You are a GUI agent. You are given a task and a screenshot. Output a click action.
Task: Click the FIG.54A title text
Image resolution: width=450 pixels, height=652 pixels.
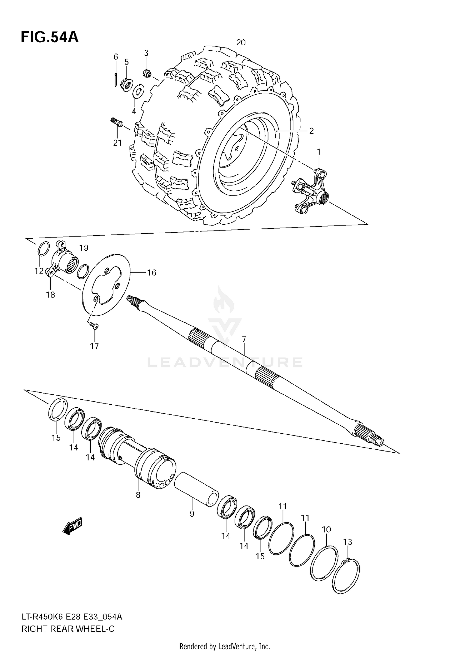click(49, 38)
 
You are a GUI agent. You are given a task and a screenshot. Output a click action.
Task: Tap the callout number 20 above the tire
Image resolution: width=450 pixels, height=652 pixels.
click(241, 43)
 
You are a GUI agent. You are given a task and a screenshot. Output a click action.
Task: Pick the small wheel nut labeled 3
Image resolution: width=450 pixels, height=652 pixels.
click(147, 73)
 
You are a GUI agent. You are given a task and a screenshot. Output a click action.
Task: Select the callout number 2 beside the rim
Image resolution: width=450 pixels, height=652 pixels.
click(311, 131)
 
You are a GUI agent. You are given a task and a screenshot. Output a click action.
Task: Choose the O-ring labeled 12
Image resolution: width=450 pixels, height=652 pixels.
click(43, 249)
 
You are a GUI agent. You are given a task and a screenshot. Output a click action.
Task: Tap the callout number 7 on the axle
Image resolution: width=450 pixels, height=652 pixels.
click(244, 340)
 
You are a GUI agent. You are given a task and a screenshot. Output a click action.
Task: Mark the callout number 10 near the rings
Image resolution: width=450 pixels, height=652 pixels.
click(326, 529)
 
